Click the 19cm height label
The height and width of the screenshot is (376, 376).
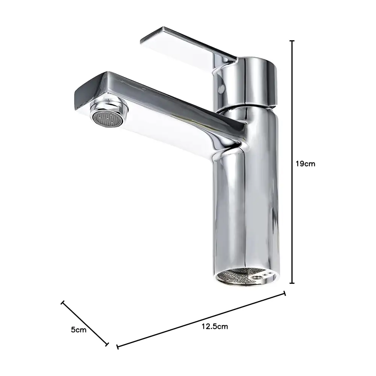click(x=305, y=164)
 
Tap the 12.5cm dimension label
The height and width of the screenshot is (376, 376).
click(x=215, y=326)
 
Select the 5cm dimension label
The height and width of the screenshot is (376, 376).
click(x=79, y=329)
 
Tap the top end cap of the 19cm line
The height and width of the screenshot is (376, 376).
click(x=292, y=41)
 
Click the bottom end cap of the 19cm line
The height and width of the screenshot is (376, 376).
click(x=292, y=283)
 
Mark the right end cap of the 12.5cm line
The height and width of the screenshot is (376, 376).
click(x=285, y=293)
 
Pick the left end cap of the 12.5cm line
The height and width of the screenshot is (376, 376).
click(x=117, y=347)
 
